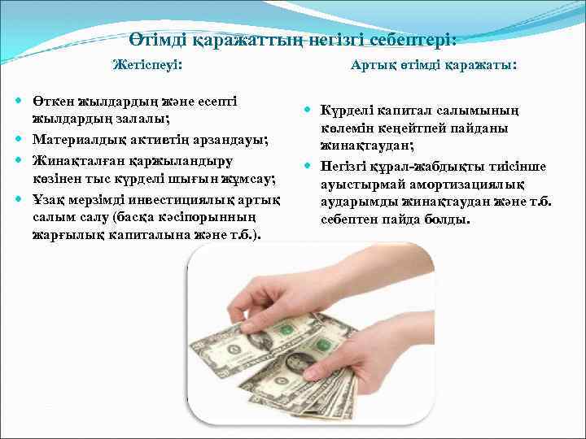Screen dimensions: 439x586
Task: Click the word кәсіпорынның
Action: [225, 218]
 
